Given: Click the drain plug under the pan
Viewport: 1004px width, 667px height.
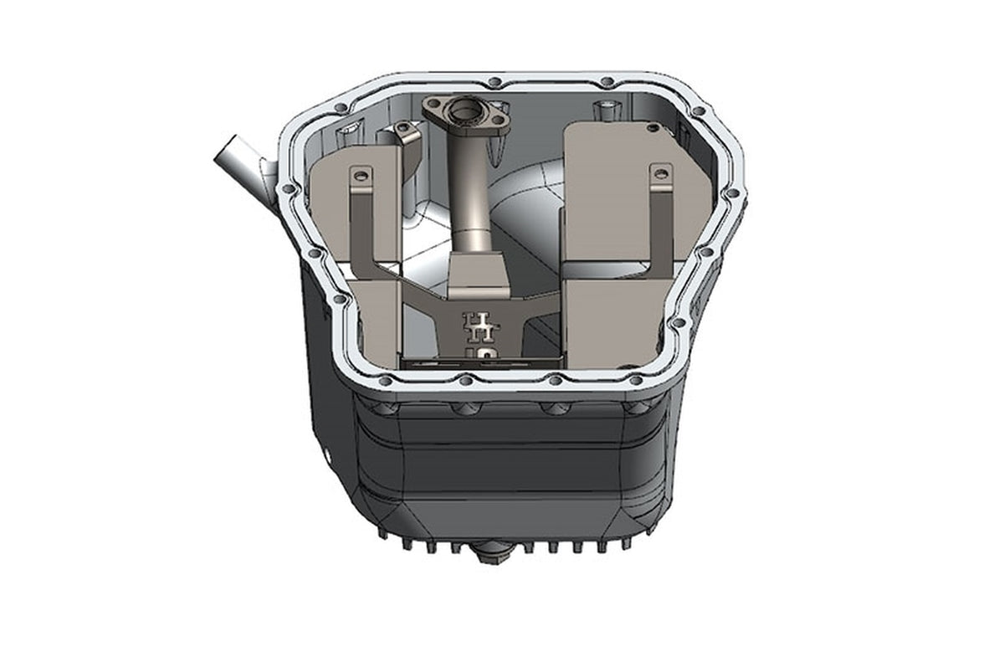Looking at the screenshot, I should tap(492, 552).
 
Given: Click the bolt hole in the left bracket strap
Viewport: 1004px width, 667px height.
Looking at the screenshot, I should tap(361, 176).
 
